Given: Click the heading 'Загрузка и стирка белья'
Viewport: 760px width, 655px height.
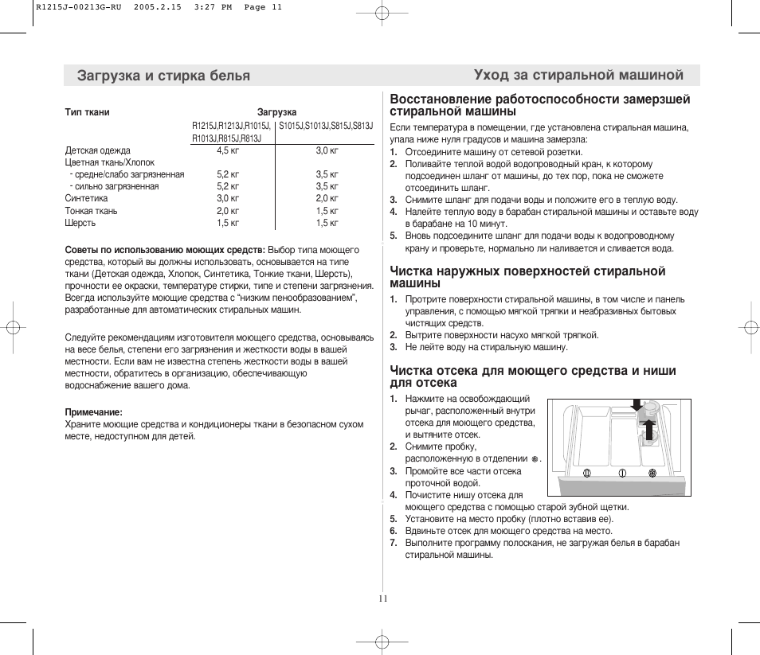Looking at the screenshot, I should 163,76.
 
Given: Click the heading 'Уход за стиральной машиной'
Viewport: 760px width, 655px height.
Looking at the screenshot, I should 578,76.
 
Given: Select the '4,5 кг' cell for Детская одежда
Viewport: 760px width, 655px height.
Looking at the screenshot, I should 228,150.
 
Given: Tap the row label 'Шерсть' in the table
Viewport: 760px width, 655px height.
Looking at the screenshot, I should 80,223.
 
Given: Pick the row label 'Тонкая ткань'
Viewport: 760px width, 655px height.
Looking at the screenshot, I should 91,211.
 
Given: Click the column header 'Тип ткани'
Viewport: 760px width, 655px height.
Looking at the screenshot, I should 87,112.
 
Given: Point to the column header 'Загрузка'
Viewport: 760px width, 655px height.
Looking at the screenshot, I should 276,112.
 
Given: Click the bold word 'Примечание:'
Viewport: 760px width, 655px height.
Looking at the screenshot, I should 93,412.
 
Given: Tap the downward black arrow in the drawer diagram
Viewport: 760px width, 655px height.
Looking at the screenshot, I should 636,407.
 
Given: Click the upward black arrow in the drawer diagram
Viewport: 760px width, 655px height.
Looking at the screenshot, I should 649,430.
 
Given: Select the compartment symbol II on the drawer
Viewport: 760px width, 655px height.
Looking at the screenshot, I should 586,474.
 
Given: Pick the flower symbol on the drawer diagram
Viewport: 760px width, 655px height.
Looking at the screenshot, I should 652,474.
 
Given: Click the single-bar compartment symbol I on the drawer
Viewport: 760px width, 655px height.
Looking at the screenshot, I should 621,474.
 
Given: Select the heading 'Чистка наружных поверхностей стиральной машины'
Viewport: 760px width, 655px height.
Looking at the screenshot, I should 527,277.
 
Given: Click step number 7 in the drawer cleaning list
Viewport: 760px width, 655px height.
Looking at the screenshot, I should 393,543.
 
